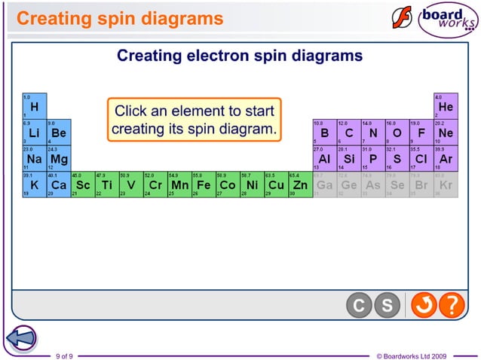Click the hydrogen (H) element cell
point(34,106)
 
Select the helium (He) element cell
point(445,106)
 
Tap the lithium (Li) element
point(34,133)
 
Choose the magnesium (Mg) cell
point(59,159)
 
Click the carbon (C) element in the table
point(348,133)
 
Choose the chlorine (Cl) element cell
point(421,159)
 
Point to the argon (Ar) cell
point(445,159)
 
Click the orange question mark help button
point(451,306)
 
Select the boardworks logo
point(435,19)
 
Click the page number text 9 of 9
point(64,355)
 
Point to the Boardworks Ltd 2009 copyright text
point(411,355)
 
